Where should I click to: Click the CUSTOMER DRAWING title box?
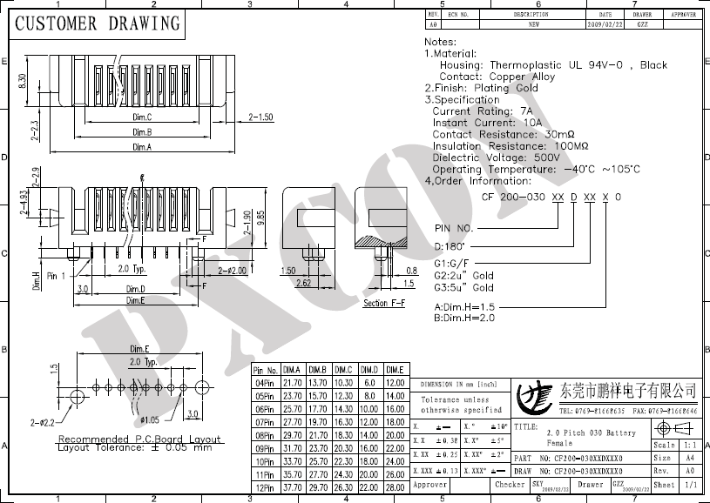pos(97,23)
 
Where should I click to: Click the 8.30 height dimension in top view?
pos(22,83)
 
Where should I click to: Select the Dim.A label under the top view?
pos(142,147)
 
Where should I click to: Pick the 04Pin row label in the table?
pos(266,383)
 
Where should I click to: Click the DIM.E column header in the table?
pos(396,371)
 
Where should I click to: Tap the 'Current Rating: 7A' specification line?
pos(482,111)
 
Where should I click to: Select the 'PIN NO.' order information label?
pos(453,228)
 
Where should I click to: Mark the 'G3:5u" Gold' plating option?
pos(463,287)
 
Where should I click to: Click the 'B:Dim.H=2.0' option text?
pos(464,319)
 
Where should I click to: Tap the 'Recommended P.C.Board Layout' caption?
pos(139,439)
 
